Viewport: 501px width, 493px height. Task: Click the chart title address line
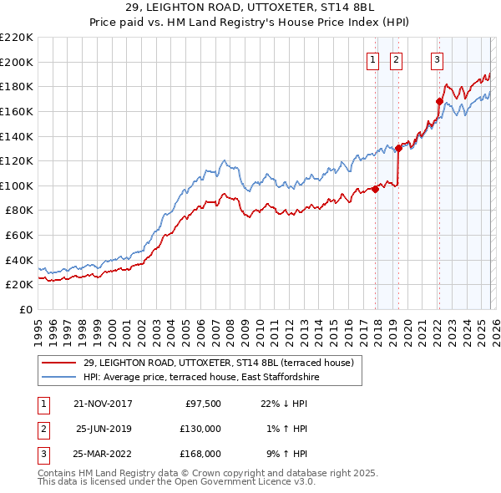[250, 7]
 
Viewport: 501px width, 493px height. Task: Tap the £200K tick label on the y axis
[17, 62]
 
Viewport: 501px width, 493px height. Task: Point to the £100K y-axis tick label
[17, 186]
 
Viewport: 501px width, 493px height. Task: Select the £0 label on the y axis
[27, 309]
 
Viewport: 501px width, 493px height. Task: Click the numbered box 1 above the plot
[372, 59]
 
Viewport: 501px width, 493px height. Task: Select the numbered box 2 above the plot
[395, 59]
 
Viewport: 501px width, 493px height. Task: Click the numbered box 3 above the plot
[437, 59]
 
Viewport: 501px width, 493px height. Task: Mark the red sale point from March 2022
[438, 102]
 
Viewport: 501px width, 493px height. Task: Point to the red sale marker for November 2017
[375, 189]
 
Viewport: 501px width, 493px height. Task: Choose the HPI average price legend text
[201, 378]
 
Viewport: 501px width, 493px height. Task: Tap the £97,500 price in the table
[203, 404]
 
